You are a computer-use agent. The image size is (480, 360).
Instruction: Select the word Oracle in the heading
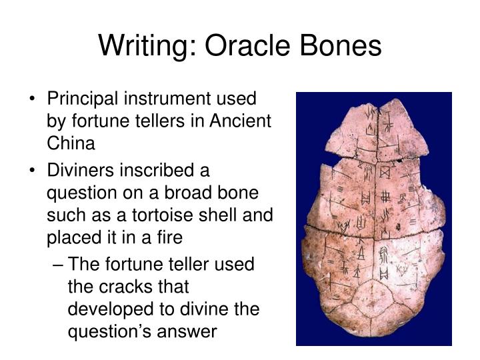(240, 46)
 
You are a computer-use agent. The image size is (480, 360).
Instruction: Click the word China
(71, 143)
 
